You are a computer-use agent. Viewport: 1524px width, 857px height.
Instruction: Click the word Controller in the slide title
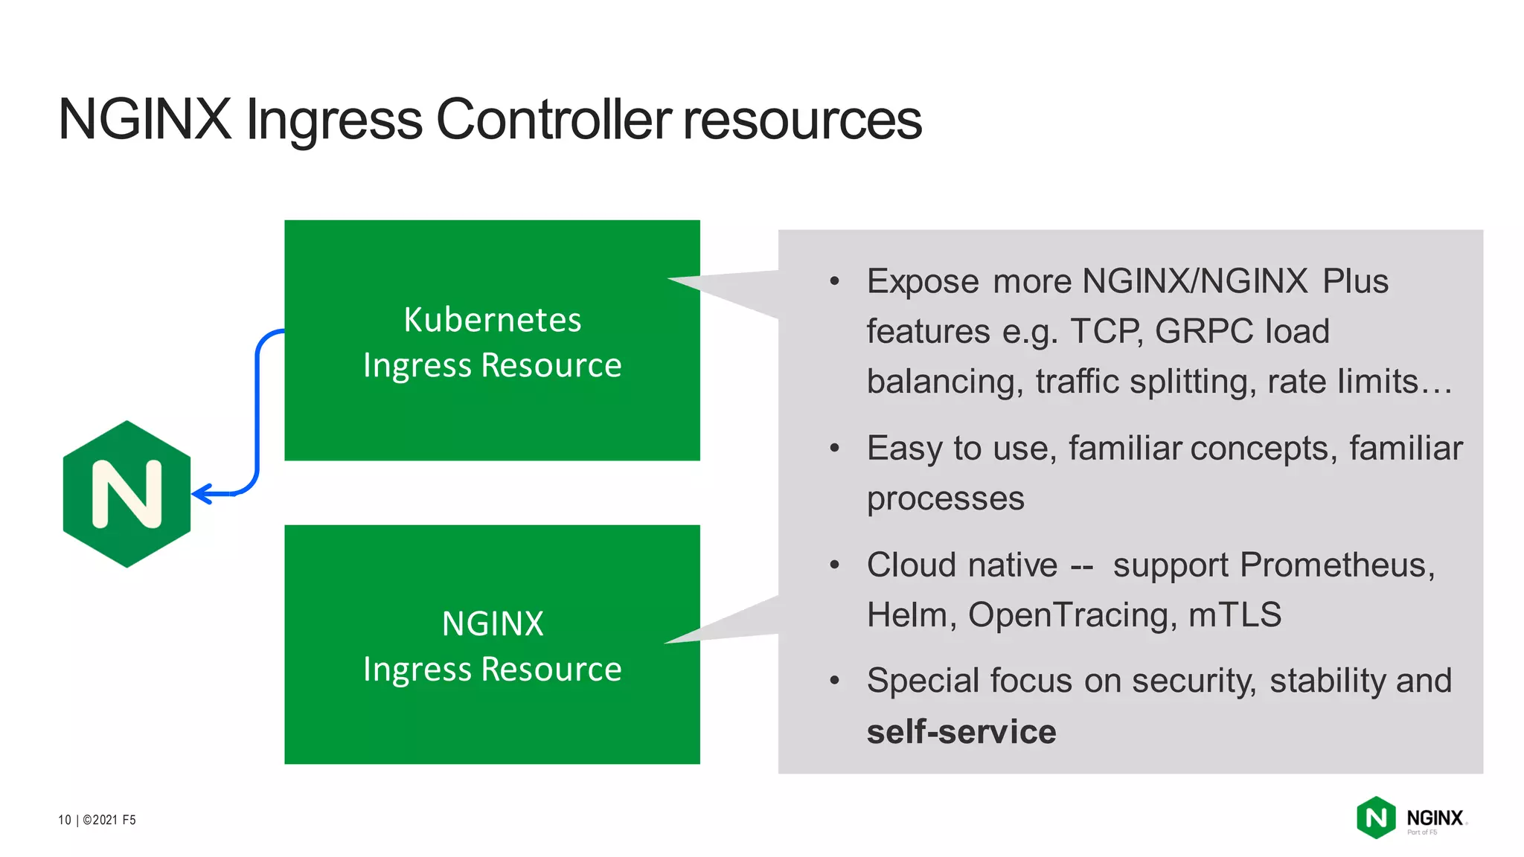554,119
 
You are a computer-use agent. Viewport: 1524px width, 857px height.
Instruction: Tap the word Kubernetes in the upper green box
492,320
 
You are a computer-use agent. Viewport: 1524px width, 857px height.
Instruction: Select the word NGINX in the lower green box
492,623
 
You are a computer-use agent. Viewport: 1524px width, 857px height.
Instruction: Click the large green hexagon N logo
127,494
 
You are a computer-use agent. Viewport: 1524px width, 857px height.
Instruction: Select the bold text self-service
961,731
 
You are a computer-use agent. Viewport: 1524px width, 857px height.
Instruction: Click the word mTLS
1235,615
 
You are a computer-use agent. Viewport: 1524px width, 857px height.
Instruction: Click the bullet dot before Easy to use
834,448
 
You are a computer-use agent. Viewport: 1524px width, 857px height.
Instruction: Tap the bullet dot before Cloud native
834,565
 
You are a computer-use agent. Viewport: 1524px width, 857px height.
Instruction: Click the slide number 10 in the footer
64,820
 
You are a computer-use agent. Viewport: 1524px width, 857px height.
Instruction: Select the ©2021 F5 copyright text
109,820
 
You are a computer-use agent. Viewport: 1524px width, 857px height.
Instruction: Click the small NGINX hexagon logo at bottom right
1376,818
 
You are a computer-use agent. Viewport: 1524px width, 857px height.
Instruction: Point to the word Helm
907,615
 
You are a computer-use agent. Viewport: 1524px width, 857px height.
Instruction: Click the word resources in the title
802,119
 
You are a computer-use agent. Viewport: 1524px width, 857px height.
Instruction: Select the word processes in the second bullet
945,498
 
